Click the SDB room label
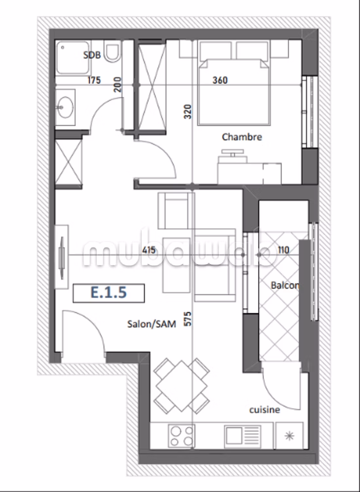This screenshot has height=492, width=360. click(92, 55)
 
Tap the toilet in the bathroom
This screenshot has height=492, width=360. click(112, 52)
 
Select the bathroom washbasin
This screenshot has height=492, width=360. click(65, 107)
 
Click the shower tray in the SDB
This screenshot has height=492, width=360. click(73, 58)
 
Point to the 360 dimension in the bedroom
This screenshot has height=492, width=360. click(220, 80)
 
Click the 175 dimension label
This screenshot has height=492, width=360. click(94, 80)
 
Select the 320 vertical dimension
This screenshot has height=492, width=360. click(188, 112)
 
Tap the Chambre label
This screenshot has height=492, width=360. click(242, 137)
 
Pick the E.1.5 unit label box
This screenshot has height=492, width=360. click(109, 293)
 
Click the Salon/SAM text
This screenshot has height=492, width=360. click(152, 324)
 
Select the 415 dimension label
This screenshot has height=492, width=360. click(149, 250)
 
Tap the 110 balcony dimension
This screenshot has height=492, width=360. click(283, 250)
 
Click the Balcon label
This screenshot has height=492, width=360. click(285, 286)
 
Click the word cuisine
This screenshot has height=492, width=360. click(265, 410)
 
